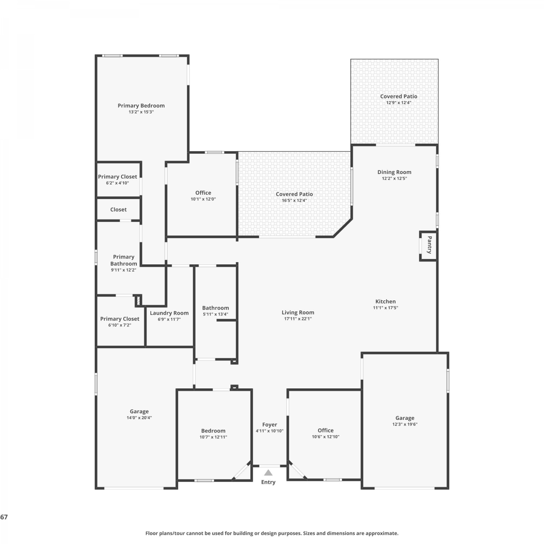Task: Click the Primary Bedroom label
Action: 141,106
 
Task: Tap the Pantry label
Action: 429,245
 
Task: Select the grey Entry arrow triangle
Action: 268,472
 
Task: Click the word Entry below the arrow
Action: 268,482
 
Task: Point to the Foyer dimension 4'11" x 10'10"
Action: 269,431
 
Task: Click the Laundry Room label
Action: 169,313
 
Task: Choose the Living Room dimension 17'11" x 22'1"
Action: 298,319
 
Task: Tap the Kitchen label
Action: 386,301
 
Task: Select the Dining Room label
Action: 394,172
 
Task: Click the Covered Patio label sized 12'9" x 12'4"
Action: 399,96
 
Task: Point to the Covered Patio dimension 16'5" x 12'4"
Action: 294,201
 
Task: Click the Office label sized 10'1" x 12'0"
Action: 203,193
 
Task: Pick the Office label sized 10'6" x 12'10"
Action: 326,430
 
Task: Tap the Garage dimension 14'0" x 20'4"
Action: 139,418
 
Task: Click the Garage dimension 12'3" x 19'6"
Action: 405,424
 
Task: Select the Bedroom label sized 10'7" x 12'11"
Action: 213,431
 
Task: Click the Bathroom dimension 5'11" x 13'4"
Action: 215,314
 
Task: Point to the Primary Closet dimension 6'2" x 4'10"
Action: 118,183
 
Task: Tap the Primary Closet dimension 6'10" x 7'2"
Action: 120,325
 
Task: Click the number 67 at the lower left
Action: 4,517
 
